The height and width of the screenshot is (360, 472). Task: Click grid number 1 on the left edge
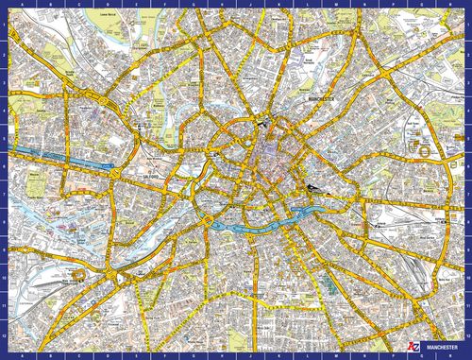point(4,25)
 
